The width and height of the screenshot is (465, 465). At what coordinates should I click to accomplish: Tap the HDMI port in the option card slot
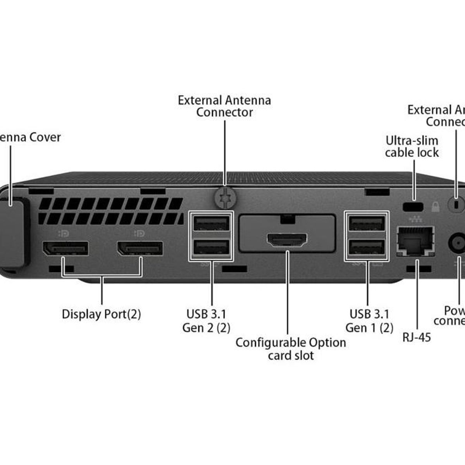coord(287,240)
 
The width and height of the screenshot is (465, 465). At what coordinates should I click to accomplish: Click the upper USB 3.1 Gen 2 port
coord(211,224)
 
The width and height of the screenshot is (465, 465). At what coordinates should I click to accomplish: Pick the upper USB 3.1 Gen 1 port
coord(367,224)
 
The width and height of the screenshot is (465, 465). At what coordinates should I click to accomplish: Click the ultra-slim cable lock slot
coord(413,207)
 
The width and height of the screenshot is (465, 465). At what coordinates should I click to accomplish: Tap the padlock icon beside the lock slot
coord(435,207)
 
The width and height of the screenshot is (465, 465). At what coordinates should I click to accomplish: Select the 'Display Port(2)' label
coord(101,314)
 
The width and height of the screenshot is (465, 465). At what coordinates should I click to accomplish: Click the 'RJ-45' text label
coord(417,337)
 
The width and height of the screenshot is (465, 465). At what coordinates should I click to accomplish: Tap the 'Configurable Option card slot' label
coord(291,349)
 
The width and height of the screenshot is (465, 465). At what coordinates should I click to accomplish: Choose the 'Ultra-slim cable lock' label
coord(412,146)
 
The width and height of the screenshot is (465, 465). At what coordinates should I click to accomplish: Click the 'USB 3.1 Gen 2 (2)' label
coord(207,321)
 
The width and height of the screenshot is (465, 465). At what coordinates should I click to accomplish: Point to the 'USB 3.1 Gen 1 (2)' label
coord(369,321)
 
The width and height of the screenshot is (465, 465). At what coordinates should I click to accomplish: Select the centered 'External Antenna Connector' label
coord(224,106)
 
